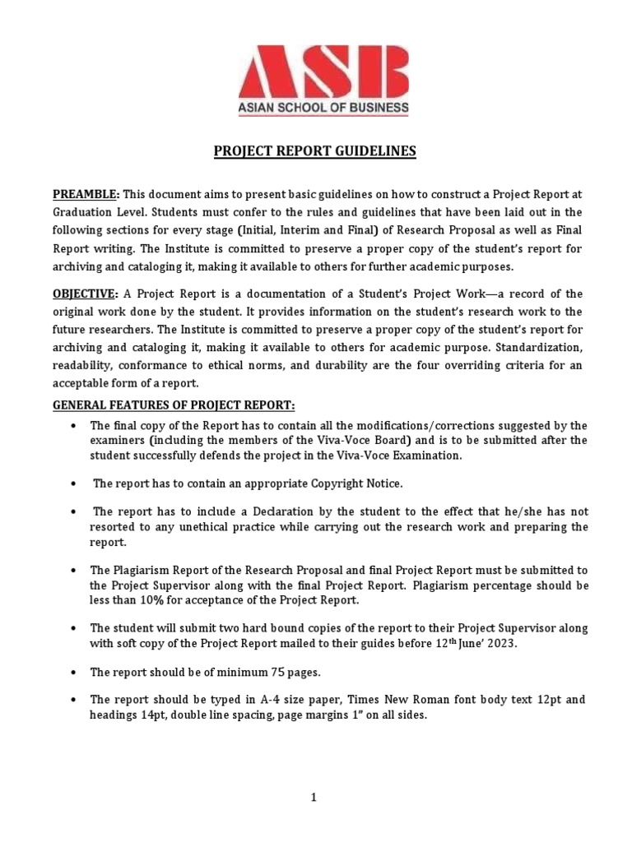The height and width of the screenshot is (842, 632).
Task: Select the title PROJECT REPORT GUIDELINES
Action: [x=315, y=151]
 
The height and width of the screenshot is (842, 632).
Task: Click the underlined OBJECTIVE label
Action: [x=86, y=294]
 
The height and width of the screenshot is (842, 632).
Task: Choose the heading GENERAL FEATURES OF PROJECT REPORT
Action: [x=174, y=405]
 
